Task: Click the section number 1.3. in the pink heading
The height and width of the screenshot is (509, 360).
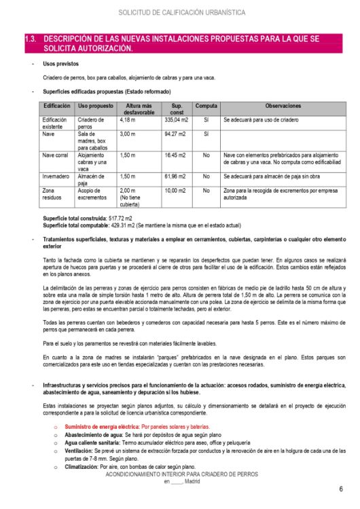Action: (31, 39)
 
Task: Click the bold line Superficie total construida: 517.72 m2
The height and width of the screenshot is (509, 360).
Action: (87, 217)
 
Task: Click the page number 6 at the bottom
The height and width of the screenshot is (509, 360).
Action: (340, 489)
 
